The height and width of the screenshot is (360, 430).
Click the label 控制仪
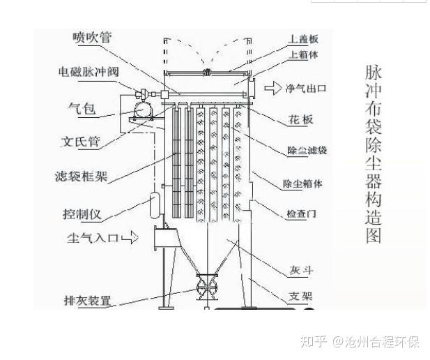(x=81, y=211)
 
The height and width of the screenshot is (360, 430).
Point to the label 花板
(x=301, y=119)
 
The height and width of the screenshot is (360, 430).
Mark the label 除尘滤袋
(x=307, y=150)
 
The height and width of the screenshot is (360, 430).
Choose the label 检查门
(x=301, y=213)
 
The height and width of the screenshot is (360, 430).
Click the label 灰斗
(x=300, y=270)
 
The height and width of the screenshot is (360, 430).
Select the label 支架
(x=300, y=296)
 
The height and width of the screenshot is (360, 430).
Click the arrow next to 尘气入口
(x=130, y=239)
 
